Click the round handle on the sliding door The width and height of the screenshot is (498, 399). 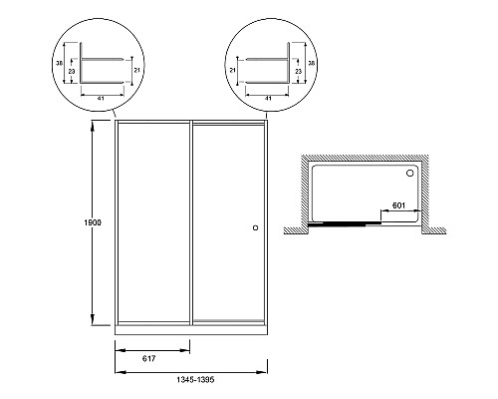click(255, 227)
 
